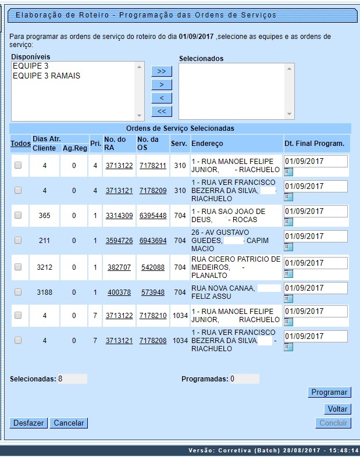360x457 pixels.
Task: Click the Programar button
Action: click(x=329, y=392)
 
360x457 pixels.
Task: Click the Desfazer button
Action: click(x=28, y=423)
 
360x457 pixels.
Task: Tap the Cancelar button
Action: click(x=69, y=423)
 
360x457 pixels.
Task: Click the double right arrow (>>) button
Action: click(x=161, y=71)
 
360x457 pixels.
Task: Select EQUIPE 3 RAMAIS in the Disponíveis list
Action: click(x=47, y=76)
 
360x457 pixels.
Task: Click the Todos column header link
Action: click(x=20, y=144)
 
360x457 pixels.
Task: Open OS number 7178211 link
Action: click(x=153, y=166)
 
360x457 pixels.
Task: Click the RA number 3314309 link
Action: click(x=119, y=216)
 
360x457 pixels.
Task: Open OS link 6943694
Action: click(x=153, y=241)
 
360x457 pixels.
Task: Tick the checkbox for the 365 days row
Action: click(x=18, y=215)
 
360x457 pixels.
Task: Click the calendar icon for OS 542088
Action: click(x=288, y=273)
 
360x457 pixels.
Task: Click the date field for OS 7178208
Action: click(x=316, y=336)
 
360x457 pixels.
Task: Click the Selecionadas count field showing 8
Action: click(x=72, y=379)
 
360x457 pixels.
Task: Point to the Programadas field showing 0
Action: click(x=244, y=379)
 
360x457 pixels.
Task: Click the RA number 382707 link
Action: click(x=119, y=267)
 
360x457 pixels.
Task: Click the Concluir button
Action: click(x=334, y=423)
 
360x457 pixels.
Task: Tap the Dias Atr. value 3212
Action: click(x=44, y=267)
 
